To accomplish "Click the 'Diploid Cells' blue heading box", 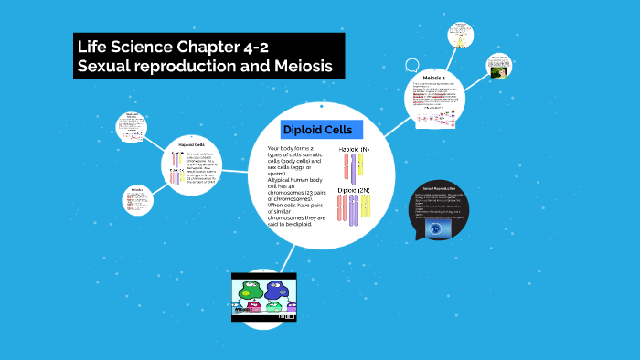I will tap(317, 130).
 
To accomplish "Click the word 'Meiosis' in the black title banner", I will tap(293, 67).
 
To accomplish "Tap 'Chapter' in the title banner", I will tap(197, 46).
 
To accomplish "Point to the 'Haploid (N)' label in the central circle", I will tap(354, 148).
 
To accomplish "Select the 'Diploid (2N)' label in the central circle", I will tap(354, 190).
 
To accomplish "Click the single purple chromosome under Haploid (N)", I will tap(347, 166).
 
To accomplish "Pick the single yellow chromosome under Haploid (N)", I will tap(359, 165).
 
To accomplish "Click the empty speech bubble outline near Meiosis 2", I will tap(412, 66).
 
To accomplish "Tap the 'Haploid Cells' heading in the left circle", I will tap(192, 144).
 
